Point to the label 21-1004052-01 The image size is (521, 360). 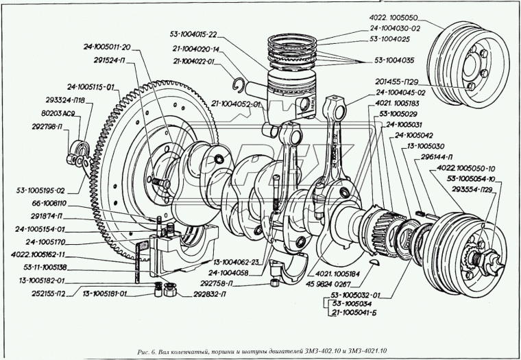point(235,104)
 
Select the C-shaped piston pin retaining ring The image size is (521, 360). point(239,85)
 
